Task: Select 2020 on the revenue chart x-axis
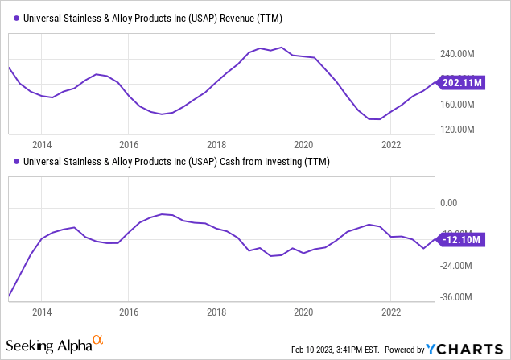pyautogui.click(x=303, y=145)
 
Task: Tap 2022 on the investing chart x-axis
pyautogui.click(x=391, y=312)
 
